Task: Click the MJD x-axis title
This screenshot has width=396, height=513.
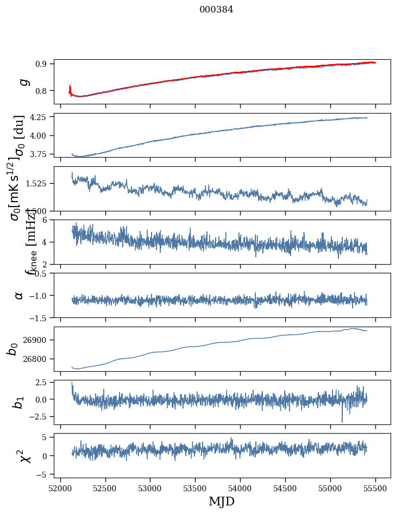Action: pyautogui.click(x=222, y=501)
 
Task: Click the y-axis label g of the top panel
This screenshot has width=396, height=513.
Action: pyautogui.click(x=23, y=82)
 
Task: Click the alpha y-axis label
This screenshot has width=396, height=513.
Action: pyautogui.click(x=19, y=295)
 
